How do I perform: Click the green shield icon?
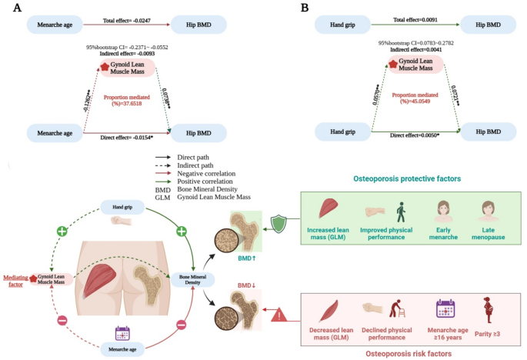(x=281, y=223)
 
